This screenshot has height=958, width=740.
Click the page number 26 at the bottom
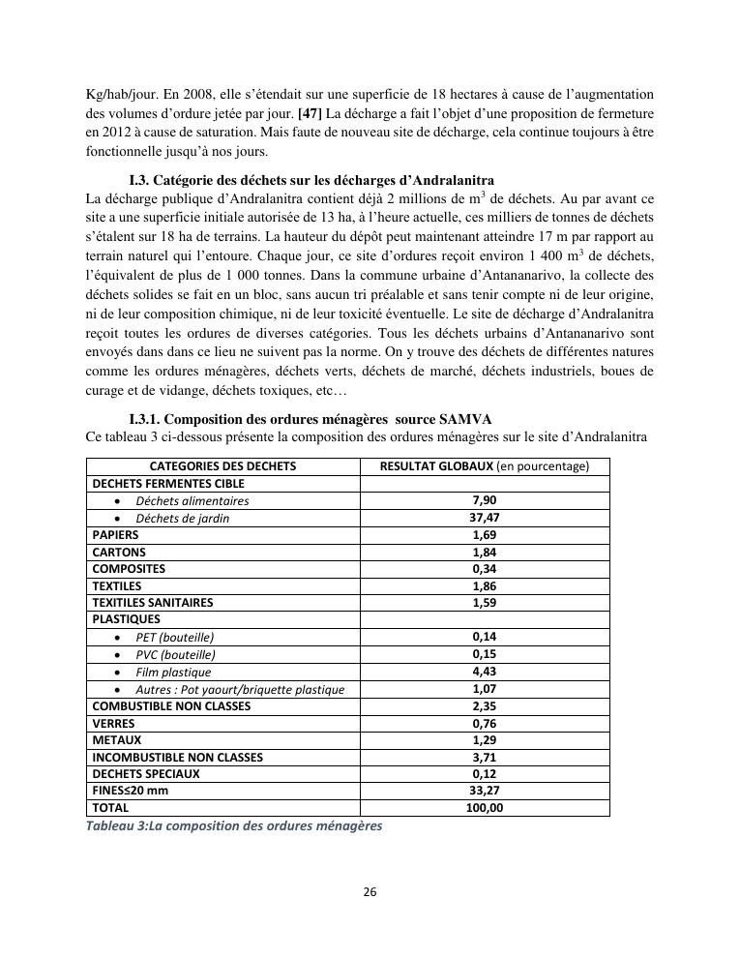[370, 892]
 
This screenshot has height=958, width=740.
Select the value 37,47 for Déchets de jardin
[484, 518]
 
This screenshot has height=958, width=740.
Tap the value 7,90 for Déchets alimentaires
[484, 501]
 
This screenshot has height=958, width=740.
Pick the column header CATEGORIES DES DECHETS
[222, 466]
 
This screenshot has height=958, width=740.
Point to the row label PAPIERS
[115, 535]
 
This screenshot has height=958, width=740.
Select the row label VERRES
[113, 724]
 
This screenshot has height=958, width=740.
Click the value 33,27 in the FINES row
[484, 792]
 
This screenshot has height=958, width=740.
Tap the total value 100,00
[484, 808]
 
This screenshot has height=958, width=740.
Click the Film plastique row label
[173, 673]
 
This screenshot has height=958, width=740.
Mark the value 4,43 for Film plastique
[484, 672]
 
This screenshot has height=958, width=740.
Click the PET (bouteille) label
[175, 638]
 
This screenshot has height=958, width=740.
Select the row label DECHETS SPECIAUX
[146, 774]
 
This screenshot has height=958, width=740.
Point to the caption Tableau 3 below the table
[234, 826]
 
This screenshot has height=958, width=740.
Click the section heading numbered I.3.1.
[310, 419]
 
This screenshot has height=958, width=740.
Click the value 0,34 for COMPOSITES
[484, 569]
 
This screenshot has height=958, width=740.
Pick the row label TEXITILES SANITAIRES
[152, 603]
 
